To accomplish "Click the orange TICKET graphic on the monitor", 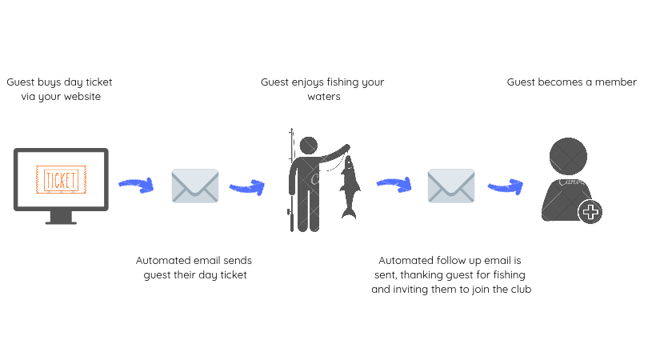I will [x=61, y=178].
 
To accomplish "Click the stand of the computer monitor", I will [x=61, y=217].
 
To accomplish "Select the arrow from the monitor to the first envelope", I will [x=136, y=185].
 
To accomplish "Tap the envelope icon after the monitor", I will [x=194, y=186].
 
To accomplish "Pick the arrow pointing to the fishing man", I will [x=246, y=188].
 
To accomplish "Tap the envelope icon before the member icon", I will [x=450, y=186].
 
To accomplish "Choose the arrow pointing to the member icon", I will [x=505, y=186].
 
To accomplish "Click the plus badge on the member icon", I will [x=590, y=212].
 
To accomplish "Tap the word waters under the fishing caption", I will [x=324, y=97].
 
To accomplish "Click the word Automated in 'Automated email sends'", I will [x=163, y=261].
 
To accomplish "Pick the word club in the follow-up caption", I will [x=520, y=290].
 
